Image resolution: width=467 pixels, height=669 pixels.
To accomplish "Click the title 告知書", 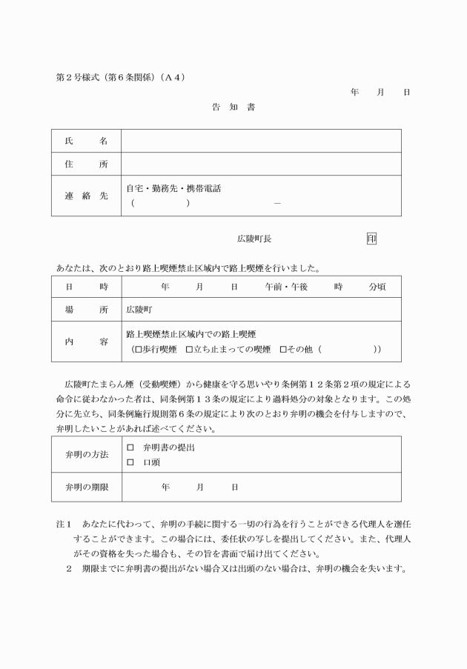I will click(x=233, y=107).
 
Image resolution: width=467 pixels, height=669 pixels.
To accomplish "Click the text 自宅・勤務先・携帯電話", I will click(x=173, y=189).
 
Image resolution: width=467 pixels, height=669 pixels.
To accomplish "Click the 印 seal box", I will click(x=371, y=239).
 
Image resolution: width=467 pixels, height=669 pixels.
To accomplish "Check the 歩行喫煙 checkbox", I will click(x=139, y=348).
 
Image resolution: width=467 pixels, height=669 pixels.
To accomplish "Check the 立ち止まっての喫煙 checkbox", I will click(x=189, y=348).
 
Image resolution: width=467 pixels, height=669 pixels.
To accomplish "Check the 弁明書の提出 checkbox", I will click(x=130, y=448).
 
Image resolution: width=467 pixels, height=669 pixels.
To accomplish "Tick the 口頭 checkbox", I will click(x=130, y=462).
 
